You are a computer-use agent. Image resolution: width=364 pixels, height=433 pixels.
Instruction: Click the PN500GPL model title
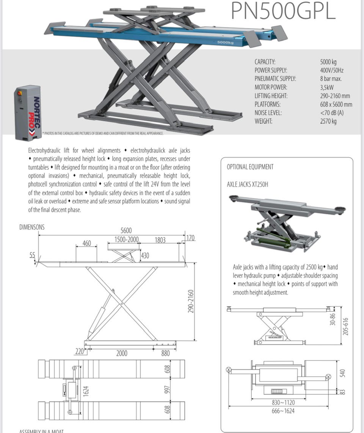pos(283,11)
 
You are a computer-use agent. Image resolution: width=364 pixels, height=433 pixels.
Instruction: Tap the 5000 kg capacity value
pos(328,62)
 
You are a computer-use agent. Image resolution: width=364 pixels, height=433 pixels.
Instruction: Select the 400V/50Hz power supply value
pos(332,70)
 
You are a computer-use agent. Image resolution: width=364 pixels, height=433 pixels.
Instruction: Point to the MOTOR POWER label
pos(271,87)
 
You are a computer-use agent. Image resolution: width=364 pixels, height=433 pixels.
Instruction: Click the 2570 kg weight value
pos(328,121)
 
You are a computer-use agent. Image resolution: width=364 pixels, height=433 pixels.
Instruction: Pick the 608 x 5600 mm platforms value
pos(336,104)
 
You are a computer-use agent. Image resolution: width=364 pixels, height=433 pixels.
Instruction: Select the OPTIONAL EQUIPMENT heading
pos(250,167)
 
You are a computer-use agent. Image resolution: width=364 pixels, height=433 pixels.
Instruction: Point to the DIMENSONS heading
pos(32,227)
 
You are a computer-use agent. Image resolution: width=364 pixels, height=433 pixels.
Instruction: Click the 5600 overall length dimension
pos(126,231)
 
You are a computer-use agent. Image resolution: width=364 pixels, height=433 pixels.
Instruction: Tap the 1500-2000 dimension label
pos(126,239)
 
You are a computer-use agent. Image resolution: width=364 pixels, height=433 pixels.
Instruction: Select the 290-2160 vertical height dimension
pos(191,302)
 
